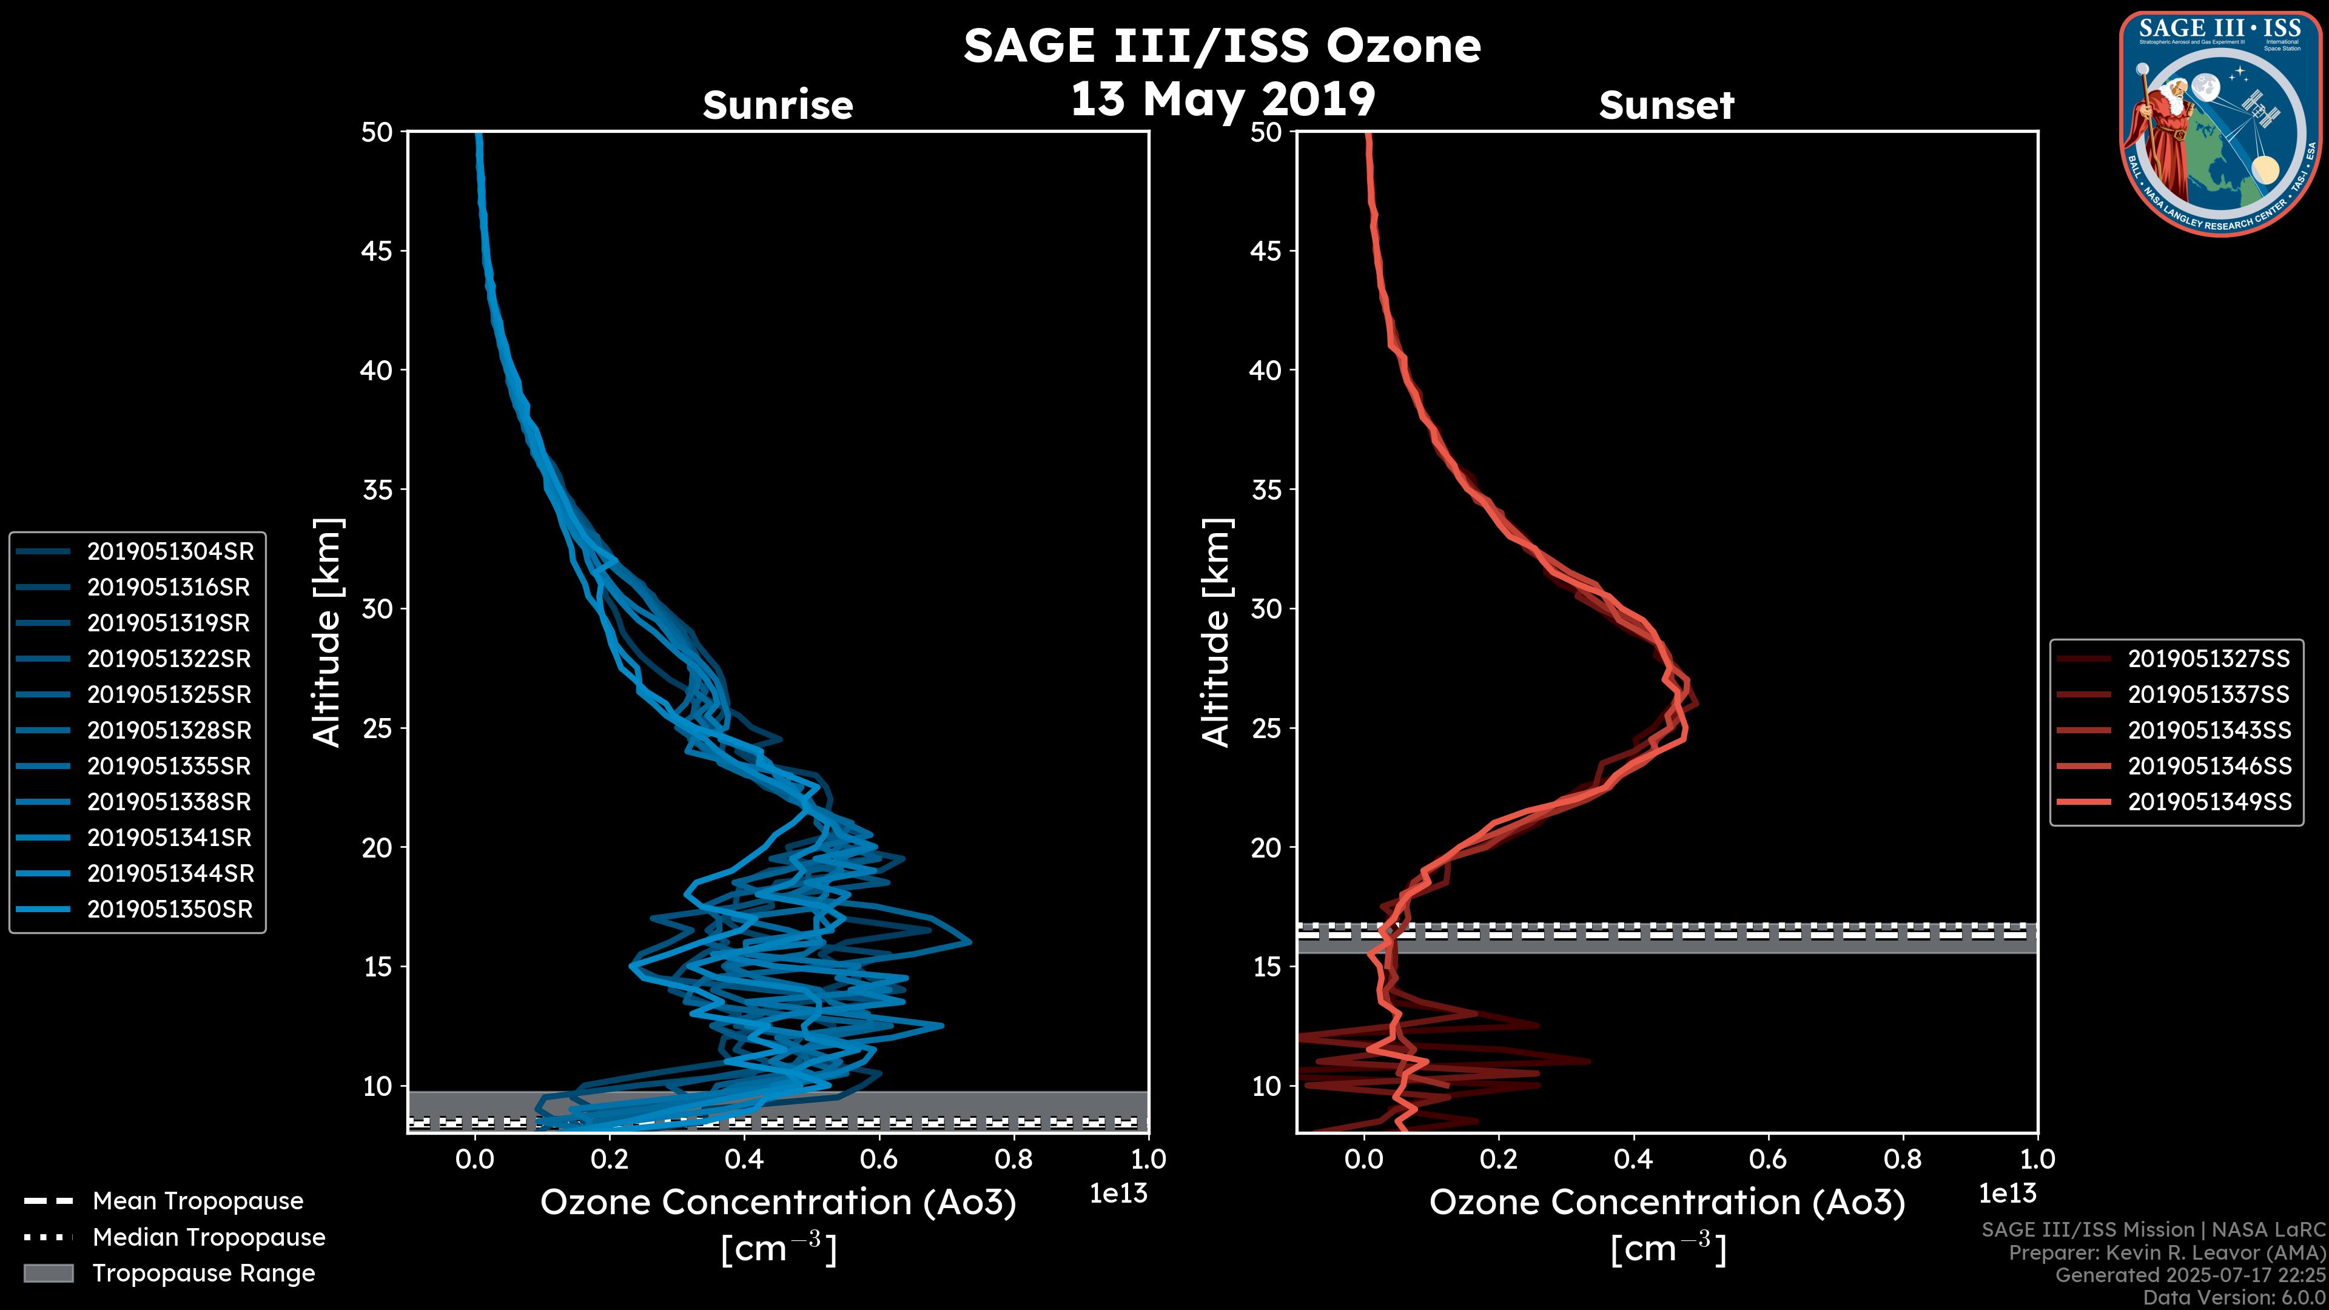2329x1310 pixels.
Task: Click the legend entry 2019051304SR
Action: pos(170,551)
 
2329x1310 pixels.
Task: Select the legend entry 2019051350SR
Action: pos(170,910)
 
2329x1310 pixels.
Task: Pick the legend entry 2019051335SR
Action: pos(169,767)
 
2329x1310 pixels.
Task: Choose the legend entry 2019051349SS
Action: pos(2209,802)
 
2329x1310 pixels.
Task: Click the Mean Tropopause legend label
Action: pos(198,1201)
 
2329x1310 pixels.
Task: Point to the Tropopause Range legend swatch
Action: pos(48,1274)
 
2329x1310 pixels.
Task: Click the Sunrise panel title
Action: pos(778,106)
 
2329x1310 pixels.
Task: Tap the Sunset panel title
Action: pos(1666,106)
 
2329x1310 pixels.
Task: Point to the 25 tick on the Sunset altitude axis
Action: pos(1266,728)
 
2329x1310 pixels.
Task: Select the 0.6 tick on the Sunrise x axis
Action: pos(879,1159)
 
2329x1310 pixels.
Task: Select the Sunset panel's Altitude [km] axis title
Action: pos(1217,633)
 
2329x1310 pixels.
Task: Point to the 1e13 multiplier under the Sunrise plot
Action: pos(1118,1194)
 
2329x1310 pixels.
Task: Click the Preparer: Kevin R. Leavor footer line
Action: pos(2166,1253)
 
